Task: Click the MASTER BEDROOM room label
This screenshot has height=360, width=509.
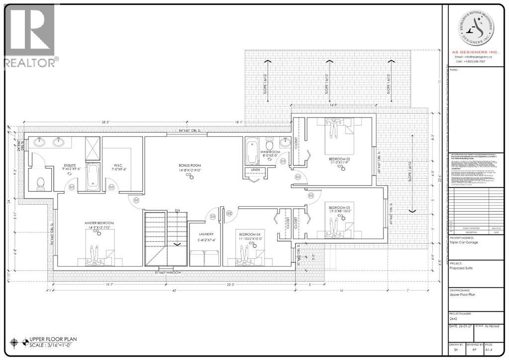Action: point(99,223)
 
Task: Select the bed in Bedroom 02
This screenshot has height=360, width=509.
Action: point(333,131)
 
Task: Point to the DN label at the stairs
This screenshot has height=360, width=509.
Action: point(177,211)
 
